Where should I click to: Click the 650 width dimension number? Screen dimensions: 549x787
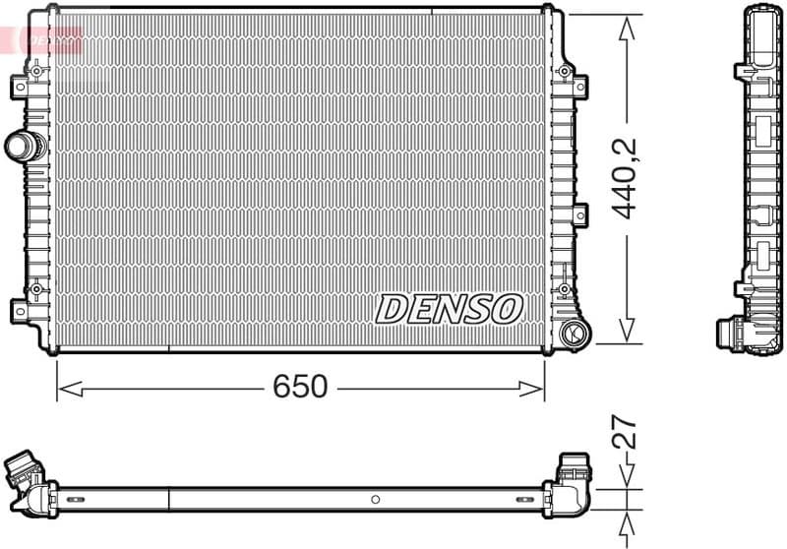tap(300, 388)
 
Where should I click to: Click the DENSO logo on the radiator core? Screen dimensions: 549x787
tap(448, 309)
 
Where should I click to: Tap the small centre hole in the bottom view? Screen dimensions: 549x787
tap(375, 499)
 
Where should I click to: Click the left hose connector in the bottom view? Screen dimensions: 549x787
tap(24, 469)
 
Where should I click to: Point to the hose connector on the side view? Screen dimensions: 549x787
tap(733, 334)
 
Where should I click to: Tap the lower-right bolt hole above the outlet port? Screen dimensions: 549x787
tap(564, 289)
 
